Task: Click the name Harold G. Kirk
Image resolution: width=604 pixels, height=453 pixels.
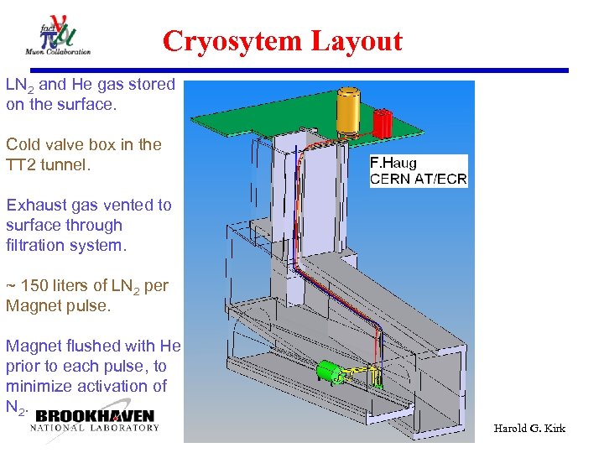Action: pos(529,428)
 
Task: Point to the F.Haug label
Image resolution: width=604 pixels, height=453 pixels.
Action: pos(394,163)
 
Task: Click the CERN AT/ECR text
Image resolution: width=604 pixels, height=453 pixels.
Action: pos(419,178)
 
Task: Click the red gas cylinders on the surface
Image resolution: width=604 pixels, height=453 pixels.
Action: pos(383,123)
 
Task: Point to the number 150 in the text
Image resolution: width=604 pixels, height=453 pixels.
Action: pos(36,285)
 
